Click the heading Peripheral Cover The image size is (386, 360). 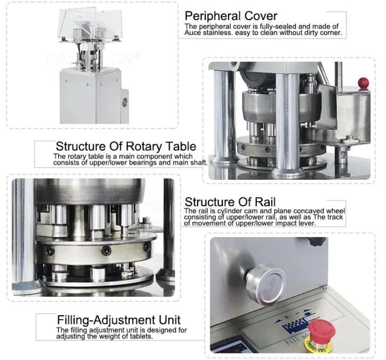pos(231,16)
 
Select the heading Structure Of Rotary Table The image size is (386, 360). pos(126,147)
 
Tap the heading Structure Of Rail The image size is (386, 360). pos(230,202)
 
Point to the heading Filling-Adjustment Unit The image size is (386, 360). pos(118,320)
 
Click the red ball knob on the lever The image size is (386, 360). pos(360,83)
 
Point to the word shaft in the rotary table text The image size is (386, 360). pos(198,163)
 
